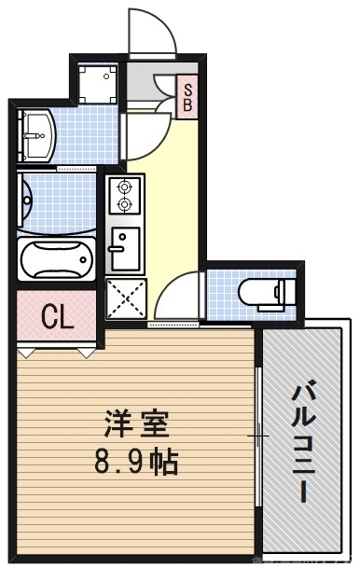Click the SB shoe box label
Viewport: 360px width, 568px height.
click(x=187, y=96)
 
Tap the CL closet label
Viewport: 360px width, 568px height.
click(x=57, y=319)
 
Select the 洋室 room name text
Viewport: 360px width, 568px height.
click(x=136, y=427)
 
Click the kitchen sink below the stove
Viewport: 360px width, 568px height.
click(x=123, y=245)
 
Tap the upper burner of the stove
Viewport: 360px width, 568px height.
click(x=123, y=186)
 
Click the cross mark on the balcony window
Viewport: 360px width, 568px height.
click(x=258, y=436)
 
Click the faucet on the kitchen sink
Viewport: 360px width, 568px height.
click(x=115, y=249)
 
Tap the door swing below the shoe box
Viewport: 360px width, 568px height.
click(x=145, y=131)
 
